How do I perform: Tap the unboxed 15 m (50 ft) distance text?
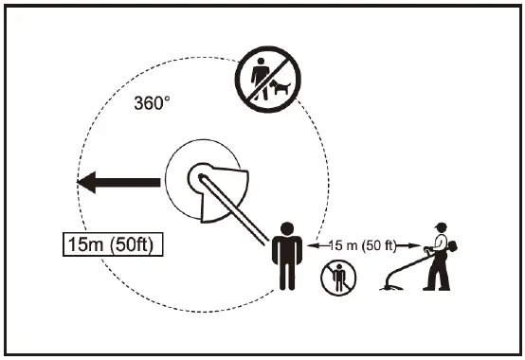364,244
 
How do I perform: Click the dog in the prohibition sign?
281,89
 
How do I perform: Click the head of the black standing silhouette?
285,227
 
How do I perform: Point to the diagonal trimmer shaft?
237,208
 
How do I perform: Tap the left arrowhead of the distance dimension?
312,244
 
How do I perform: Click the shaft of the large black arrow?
133,182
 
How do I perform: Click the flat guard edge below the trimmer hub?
224,214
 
